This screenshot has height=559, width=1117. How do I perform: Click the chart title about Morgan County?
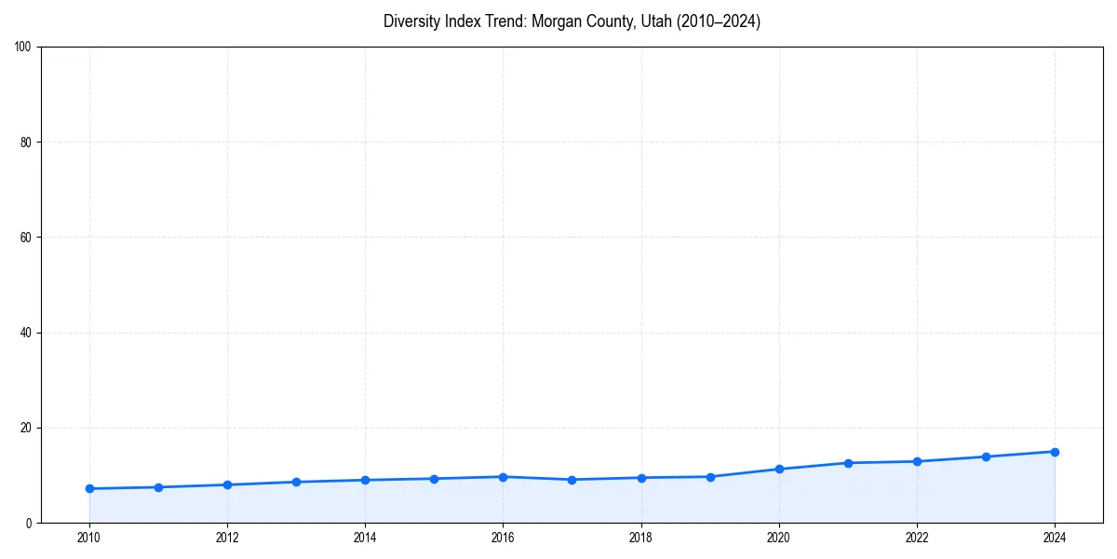572,21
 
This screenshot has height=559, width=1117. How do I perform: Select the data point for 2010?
89,488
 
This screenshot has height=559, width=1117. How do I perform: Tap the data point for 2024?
1055,452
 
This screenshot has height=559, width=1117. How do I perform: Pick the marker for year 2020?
779,469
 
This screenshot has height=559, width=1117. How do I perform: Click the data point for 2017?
572,480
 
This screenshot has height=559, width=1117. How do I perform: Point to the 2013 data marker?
296,482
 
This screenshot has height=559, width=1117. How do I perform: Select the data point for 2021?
848,463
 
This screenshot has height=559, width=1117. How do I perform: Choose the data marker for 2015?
434,479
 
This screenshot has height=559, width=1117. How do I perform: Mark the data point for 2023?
986,457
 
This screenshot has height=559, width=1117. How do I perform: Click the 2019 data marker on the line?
710,477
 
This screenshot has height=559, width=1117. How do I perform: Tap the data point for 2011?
158,487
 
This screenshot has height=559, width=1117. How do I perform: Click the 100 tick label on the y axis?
24,48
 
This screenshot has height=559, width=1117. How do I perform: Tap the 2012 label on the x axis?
227,538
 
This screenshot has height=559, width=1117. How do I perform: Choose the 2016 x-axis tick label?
503,538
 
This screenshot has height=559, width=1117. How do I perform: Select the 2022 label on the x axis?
917,538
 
